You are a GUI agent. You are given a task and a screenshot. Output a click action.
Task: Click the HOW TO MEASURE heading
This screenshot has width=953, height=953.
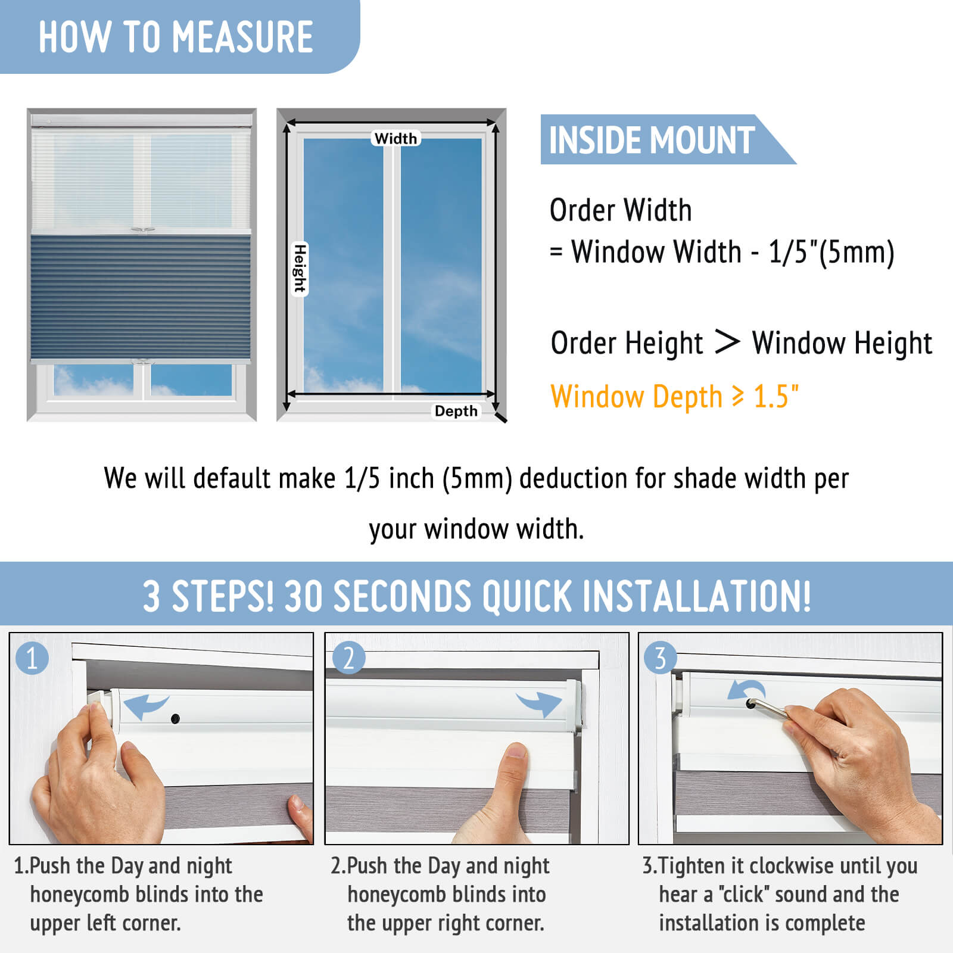point(176,37)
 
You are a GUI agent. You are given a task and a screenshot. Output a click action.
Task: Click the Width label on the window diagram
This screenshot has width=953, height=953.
point(396,138)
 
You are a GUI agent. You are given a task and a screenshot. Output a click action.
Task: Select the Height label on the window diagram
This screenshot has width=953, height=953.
point(300,269)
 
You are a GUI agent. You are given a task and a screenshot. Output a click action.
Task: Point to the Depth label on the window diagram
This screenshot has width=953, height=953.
point(456,411)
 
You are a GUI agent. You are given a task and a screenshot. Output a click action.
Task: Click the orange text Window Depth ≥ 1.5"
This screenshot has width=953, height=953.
point(675,397)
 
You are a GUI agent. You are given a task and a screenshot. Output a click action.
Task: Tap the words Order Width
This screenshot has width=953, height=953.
point(621,210)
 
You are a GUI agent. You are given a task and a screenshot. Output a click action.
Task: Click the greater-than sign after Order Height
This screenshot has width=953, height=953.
point(727,342)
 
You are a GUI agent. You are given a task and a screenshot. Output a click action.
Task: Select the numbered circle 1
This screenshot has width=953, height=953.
point(32,658)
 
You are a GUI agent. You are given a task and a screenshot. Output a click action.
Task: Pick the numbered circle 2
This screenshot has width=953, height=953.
point(348,658)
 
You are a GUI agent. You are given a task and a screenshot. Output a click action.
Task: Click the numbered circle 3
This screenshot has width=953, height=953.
point(660,658)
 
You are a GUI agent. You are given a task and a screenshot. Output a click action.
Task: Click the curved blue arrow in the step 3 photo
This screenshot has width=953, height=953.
point(745,691)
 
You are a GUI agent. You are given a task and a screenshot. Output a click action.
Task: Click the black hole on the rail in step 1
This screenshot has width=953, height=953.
point(175,719)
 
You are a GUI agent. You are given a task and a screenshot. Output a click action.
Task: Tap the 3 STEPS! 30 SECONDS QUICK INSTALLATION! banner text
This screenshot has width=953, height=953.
point(476,596)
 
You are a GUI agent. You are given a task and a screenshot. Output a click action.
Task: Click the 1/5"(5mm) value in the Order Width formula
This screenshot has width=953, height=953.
point(831,252)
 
